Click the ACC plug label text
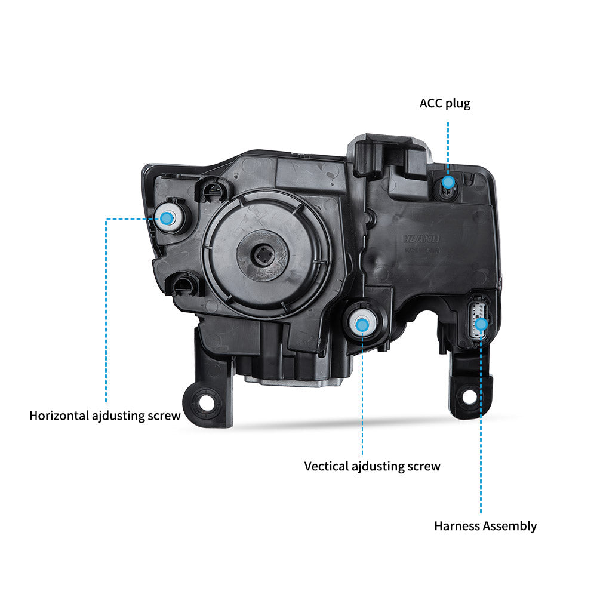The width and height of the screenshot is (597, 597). point(445,103)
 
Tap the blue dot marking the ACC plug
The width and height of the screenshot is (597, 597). point(448,181)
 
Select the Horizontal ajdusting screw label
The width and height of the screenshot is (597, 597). point(104,415)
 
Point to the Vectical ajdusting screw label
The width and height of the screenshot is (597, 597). point(372,466)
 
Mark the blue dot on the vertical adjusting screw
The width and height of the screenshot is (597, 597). point(362,325)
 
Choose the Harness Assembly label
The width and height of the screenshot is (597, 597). point(485,526)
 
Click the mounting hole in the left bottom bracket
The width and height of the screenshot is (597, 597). point(206,401)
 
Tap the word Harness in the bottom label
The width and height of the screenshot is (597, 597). point(457,526)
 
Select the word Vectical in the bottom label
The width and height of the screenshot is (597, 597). point(327,466)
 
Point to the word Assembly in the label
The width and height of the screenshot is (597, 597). point(509,526)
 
